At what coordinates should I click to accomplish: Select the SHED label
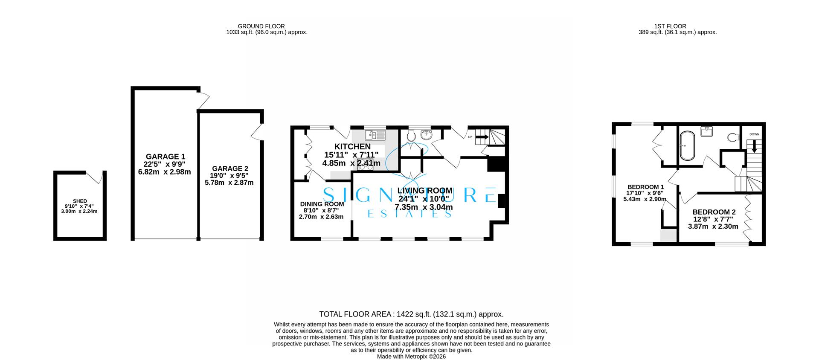tap(80, 201)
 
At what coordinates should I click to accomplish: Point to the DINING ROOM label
tap(322, 204)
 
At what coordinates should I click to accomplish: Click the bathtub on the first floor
tap(687, 145)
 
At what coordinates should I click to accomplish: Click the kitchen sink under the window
tap(375, 135)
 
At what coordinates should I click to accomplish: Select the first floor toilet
tap(733, 137)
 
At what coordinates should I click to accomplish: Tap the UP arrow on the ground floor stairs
tap(482, 137)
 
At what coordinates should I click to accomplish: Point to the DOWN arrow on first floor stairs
tap(754, 146)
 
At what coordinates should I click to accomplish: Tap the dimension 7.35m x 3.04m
tap(424, 207)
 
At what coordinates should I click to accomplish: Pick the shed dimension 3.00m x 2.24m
tap(80, 211)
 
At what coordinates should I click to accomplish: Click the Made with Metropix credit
tap(412, 357)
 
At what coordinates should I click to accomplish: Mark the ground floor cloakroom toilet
tap(412, 136)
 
